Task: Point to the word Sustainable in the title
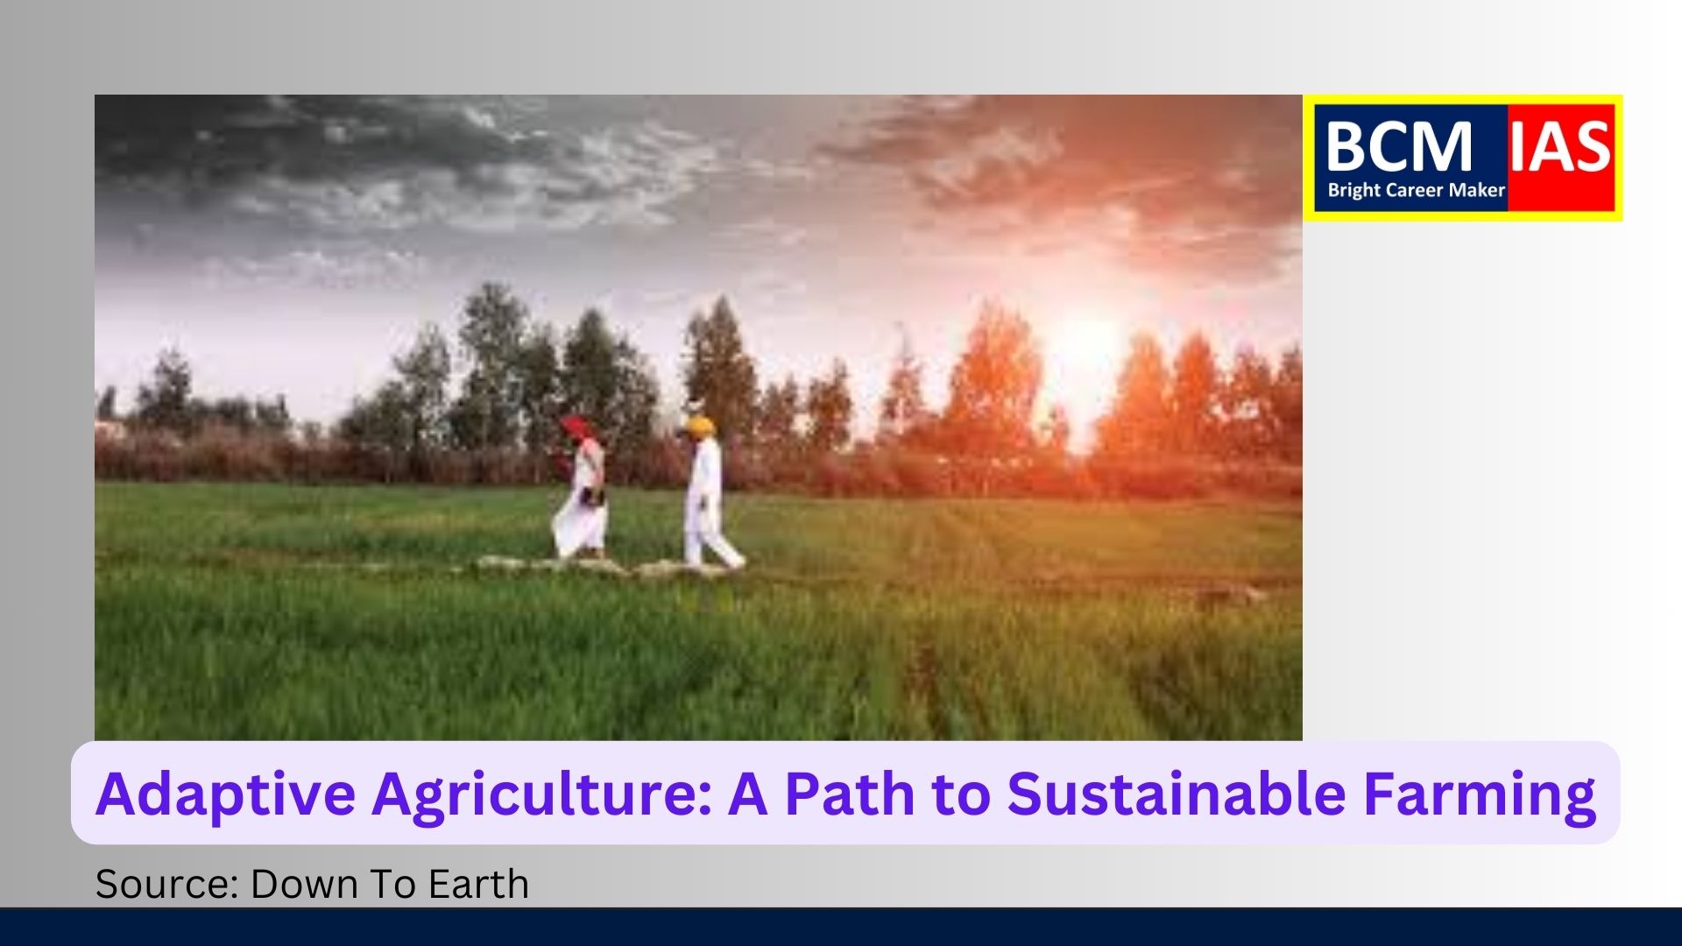[x=1177, y=793]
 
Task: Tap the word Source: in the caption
[x=167, y=884]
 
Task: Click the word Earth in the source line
[x=479, y=884]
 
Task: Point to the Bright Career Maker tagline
[x=1416, y=190]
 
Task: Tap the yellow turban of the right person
[x=698, y=426]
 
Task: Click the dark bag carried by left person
[x=593, y=497]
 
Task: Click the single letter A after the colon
[x=748, y=793]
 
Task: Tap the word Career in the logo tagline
[x=1417, y=190]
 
